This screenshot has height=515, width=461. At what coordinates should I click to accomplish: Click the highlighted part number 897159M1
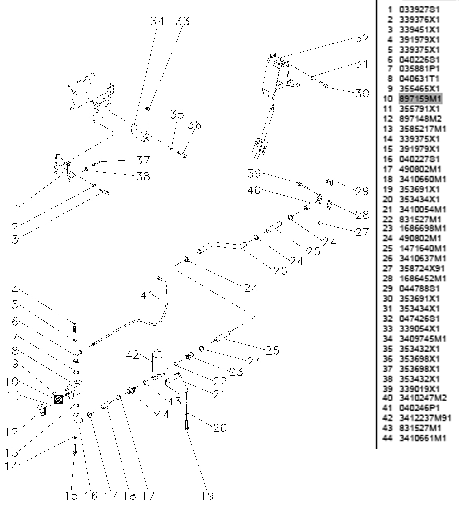click(x=420, y=99)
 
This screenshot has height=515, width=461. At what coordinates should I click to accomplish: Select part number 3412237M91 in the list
click(x=425, y=418)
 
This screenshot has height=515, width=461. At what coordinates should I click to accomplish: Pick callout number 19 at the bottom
click(x=207, y=496)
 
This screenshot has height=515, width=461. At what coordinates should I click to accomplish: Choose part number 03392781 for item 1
click(x=419, y=10)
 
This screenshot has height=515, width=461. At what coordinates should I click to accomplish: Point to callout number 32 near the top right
click(x=362, y=38)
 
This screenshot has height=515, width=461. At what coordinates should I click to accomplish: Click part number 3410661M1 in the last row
click(x=423, y=438)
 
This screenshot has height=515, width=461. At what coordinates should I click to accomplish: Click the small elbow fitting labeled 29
click(x=329, y=182)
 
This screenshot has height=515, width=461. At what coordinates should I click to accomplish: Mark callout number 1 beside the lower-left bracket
click(x=17, y=208)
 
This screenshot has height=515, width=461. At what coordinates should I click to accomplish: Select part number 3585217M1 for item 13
click(x=423, y=129)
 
